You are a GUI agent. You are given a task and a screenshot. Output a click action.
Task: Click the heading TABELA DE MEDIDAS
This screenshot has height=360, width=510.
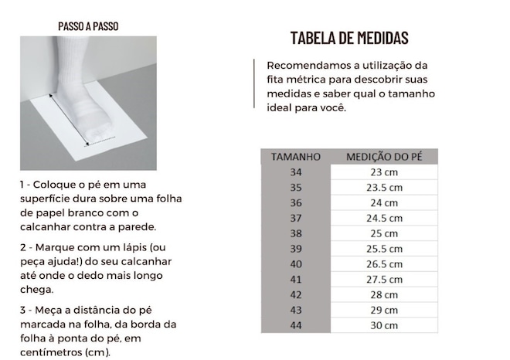349,39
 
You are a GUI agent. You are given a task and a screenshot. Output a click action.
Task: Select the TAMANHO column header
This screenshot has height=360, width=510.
296,157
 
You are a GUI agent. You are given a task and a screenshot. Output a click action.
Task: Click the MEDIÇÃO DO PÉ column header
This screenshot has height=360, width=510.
384,157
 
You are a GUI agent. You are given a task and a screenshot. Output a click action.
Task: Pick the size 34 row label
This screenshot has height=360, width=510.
296,172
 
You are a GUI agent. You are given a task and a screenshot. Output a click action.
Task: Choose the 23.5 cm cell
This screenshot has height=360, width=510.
384,187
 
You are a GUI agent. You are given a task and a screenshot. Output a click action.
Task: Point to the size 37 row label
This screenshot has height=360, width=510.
296,218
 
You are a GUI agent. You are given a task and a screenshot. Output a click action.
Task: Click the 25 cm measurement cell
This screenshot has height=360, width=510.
384,233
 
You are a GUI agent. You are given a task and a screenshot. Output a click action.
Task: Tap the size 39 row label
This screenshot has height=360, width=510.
296,249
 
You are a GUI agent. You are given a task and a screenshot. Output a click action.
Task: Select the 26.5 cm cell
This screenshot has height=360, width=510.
384,264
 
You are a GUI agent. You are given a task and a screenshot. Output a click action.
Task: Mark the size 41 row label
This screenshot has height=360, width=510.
296,279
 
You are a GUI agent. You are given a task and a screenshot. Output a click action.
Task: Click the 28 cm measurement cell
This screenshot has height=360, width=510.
384,294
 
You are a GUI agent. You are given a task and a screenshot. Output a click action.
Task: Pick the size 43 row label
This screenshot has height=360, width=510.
296,310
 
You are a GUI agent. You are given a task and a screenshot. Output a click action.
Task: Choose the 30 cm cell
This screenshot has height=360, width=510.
384,325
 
